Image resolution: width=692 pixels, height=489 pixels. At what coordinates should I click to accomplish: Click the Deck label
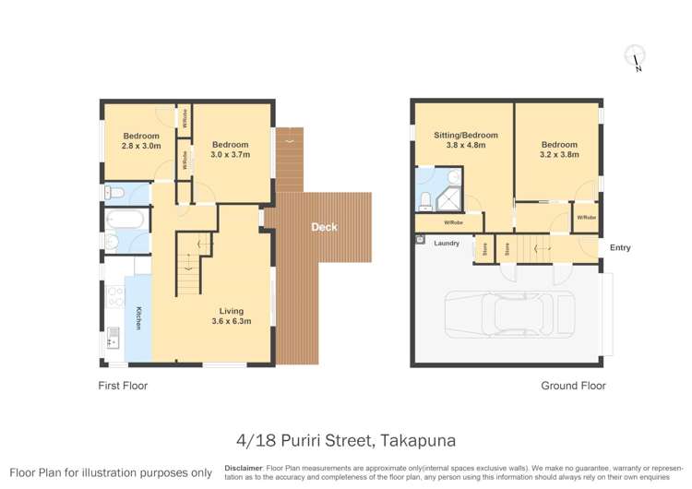pyautogui.click(x=324, y=227)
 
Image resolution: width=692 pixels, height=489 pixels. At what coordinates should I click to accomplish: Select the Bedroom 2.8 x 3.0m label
pyautogui.click(x=141, y=140)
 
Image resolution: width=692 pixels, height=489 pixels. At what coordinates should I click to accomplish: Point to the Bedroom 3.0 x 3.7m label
pyautogui.click(x=230, y=149)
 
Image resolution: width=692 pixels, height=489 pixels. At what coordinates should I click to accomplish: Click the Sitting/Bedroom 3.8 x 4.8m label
pyautogui.click(x=465, y=140)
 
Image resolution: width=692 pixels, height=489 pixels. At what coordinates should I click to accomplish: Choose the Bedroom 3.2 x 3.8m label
pyautogui.click(x=559, y=149)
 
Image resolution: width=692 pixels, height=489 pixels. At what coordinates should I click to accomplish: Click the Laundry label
pyautogui.click(x=447, y=244)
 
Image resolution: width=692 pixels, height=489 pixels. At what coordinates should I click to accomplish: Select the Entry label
pyautogui.click(x=620, y=247)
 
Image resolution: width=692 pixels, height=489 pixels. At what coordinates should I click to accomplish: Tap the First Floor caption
pyautogui.click(x=123, y=386)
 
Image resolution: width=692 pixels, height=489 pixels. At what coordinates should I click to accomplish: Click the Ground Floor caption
pyautogui.click(x=573, y=386)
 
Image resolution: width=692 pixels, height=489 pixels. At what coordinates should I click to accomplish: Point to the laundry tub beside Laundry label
pyautogui.click(x=421, y=240)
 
